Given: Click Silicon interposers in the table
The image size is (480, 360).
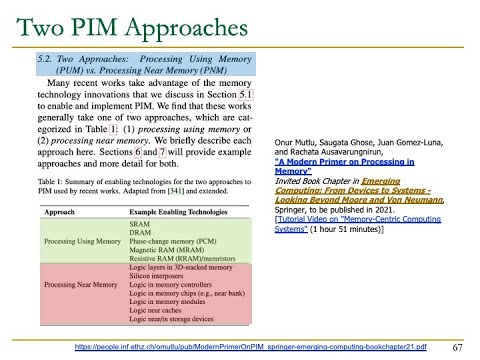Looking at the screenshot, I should click(153, 277).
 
